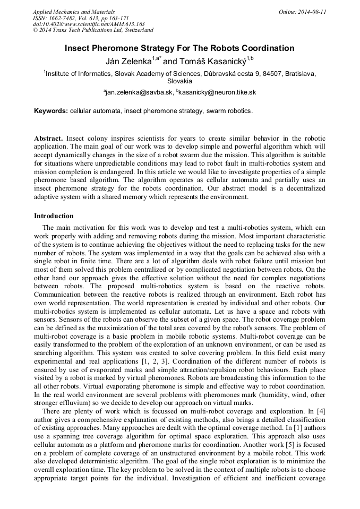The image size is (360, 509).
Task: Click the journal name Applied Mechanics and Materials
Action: tap(74, 12)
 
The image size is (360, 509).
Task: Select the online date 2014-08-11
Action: tap(311, 12)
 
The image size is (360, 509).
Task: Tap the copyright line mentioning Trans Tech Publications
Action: tap(93, 30)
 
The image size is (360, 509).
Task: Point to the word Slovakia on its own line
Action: tap(179, 81)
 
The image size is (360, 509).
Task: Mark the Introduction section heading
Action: tap(54, 216)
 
